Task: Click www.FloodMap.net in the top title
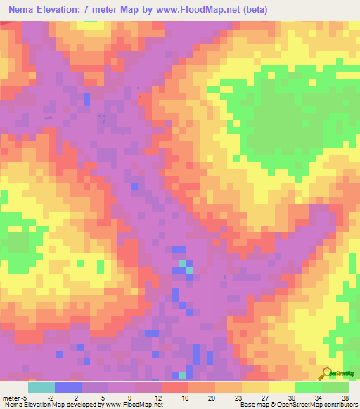coord(207,8)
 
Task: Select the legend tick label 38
coord(345,397)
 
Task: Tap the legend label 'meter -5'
coord(14,397)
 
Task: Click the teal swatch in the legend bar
coord(41,387)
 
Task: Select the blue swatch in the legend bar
coord(68,387)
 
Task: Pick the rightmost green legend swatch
coord(335,387)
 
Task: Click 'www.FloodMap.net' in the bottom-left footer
coord(134,405)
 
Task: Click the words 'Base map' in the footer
coord(252,405)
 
